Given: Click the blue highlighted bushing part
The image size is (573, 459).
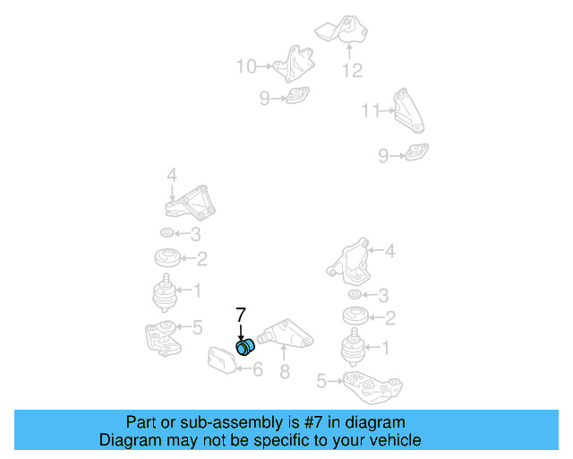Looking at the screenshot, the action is pyautogui.click(x=244, y=347).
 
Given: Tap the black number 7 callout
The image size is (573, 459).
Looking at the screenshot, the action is pyautogui.click(x=241, y=315).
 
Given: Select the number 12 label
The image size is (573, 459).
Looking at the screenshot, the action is pyautogui.click(x=352, y=70).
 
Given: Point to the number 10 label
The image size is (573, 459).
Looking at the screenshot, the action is pyautogui.click(x=246, y=66).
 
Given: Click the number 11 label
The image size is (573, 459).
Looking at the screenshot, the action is pyautogui.click(x=371, y=110).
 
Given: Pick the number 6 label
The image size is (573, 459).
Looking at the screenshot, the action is pyautogui.click(x=258, y=369).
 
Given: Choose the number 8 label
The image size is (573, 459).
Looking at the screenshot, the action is pyautogui.click(x=285, y=371).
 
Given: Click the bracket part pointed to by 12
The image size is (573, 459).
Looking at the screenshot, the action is pyautogui.click(x=342, y=30).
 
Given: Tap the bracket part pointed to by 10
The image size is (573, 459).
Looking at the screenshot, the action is pyautogui.click(x=295, y=64).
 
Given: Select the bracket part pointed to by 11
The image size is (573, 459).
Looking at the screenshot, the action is pyautogui.click(x=408, y=110).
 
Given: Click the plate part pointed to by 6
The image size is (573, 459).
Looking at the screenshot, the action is pyautogui.click(x=221, y=360).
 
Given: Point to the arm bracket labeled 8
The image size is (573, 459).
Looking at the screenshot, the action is pyautogui.click(x=285, y=333).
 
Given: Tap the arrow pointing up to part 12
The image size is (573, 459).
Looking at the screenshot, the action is pyautogui.click(x=349, y=52).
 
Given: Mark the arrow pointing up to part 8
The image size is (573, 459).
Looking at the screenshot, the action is pyautogui.click(x=284, y=353).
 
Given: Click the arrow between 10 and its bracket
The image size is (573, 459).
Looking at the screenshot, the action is pyautogui.click(x=264, y=66).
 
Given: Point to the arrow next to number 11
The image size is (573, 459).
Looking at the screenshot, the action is pyautogui.click(x=388, y=109).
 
